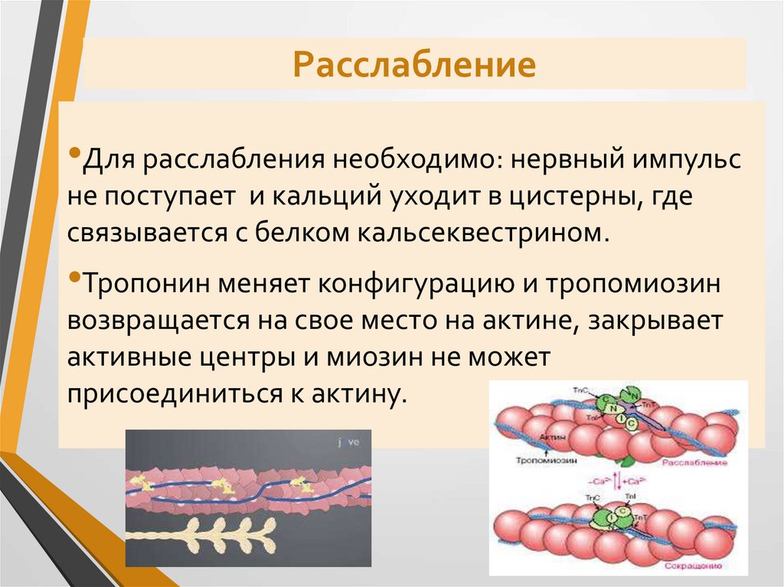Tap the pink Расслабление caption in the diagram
tap(694, 463)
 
